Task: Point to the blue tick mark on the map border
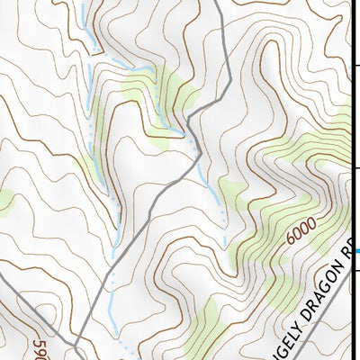(356, 250)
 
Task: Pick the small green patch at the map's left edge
(4, 202)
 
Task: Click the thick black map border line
(352, 135)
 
